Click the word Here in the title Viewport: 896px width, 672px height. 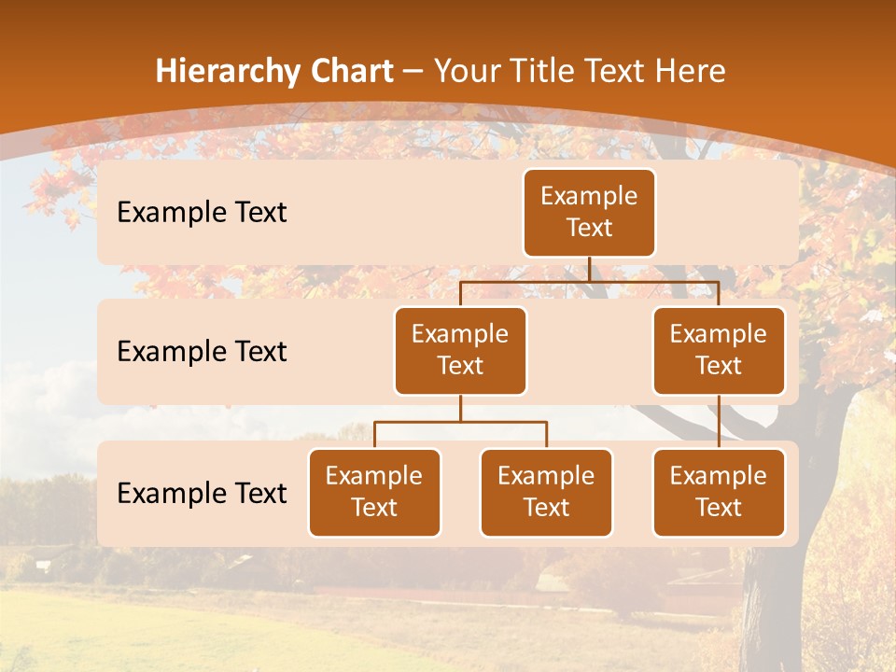pos(689,72)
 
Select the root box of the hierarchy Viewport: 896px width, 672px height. pos(589,213)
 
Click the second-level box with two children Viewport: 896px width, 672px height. pos(460,350)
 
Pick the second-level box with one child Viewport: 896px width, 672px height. pos(719,350)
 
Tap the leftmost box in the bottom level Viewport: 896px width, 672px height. pos(374,492)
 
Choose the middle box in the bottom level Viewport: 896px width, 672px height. pos(546,492)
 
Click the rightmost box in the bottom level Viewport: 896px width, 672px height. pos(719,492)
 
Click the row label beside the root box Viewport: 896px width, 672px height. pos(202,213)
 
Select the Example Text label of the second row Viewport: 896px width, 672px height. pos(202,352)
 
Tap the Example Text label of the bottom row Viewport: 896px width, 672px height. pos(202,493)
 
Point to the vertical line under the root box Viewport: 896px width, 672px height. pos(589,269)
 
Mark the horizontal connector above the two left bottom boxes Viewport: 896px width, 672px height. pos(460,423)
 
